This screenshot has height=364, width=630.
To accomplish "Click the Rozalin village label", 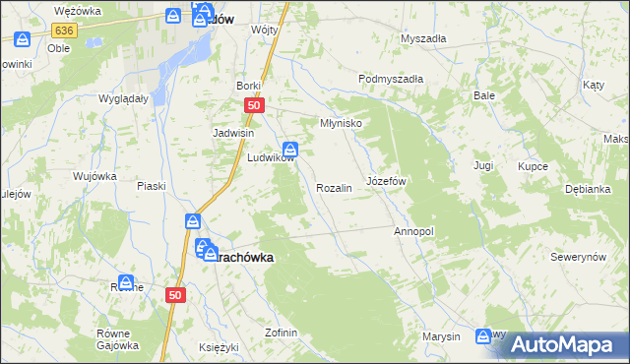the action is (x=334, y=188).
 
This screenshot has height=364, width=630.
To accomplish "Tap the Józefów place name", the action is (x=386, y=182).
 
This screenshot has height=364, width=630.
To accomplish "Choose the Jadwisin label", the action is (x=234, y=133).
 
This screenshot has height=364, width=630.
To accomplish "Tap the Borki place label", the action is (x=247, y=86).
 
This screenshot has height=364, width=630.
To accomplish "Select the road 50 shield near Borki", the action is (x=254, y=106).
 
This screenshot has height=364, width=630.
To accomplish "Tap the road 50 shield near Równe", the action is (x=175, y=294).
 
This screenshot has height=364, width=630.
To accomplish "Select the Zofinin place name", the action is (x=281, y=333).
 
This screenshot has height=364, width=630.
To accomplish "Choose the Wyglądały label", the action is (x=123, y=98).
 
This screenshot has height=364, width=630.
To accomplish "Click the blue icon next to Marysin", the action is (x=483, y=336).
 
